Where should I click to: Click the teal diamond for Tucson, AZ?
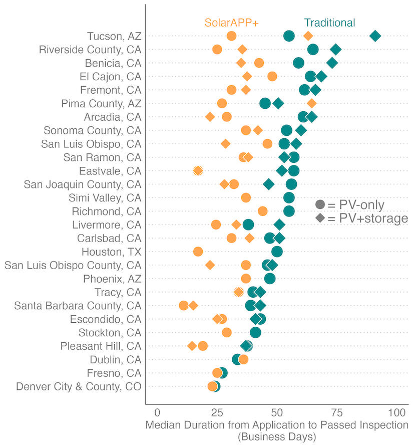tap(375, 36)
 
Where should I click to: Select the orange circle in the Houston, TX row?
tap(198, 252)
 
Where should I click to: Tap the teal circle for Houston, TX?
tap(277, 252)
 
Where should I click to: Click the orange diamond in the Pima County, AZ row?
tap(311, 103)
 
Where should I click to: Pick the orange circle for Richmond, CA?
tap(262, 211)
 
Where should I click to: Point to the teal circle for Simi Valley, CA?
tap(289, 197)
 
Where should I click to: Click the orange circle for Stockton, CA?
tap(227, 332)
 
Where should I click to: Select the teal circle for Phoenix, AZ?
tap(270, 279)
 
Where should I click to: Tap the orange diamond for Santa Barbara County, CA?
tap(193, 306)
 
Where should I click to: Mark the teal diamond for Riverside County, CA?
tap(335, 49)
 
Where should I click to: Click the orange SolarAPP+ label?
tap(231, 23)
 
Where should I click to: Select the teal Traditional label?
tap(329, 23)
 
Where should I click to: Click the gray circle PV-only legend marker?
tap(320, 205)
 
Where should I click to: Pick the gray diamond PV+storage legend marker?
tap(320, 218)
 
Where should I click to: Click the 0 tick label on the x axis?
tap(158, 413)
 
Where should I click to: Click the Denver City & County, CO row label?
tap(79, 386)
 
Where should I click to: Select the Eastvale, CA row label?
tap(110, 170)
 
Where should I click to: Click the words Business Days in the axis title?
tap(277, 436)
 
